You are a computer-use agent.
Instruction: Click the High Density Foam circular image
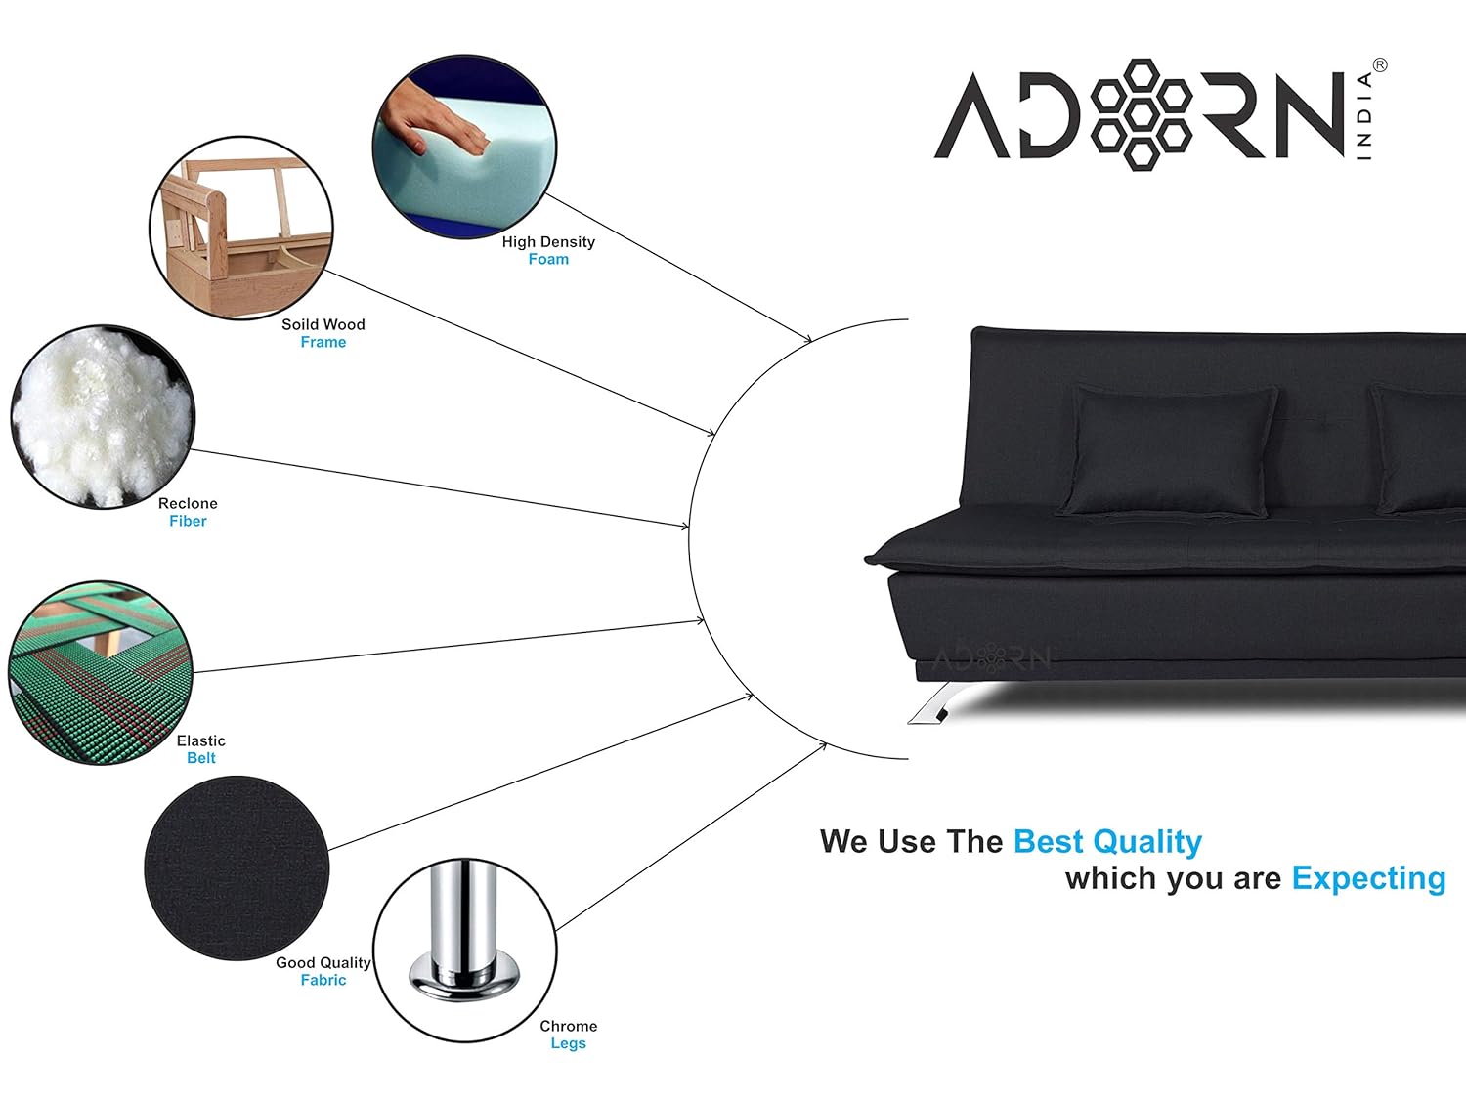(x=465, y=147)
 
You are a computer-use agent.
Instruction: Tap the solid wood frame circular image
(x=241, y=228)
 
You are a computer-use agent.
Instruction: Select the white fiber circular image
(x=103, y=417)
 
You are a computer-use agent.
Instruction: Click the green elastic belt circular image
(x=100, y=672)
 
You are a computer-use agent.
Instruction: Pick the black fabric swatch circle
(x=237, y=867)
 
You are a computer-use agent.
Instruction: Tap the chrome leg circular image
(x=465, y=950)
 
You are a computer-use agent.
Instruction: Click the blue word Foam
(x=548, y=260)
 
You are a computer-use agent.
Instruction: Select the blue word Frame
(x=323, y=343)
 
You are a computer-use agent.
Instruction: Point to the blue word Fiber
(x=188, y=522)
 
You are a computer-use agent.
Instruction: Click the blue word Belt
(x=201, y=758)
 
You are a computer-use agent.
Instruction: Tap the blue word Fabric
(x=323, y=980)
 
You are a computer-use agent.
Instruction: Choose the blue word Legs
(x=568, y=1043)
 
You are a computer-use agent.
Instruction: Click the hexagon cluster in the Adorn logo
(x=1141, y=114)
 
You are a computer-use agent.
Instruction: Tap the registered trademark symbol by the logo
(x=1380, y=65)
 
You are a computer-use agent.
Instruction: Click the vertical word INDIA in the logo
(x=1364, y=115)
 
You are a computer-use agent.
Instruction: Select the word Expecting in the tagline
(x=1368, y=878)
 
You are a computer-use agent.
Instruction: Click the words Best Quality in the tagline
(x=1107, y=841)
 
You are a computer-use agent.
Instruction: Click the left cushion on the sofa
(x=1169, y=449)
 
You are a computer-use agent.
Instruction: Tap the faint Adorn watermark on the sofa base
(x=992, y=659)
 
